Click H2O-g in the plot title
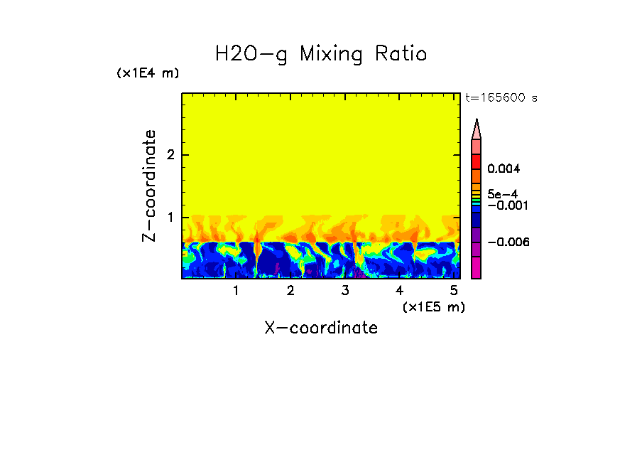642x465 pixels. [251, 54]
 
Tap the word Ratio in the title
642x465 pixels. [401, 54]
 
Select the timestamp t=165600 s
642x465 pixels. [501, 98]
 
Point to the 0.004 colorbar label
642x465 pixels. [504, 169]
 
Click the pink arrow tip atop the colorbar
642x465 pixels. [477, 129]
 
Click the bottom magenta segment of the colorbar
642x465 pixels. [477, 268]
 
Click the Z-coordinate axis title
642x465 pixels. [149, 186]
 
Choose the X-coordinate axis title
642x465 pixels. [321, 328]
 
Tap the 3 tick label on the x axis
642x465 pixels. [345, 291]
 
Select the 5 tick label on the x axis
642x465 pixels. [454, 291]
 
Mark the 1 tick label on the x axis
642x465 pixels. [236, 291]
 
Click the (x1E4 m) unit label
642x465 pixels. [148, 73]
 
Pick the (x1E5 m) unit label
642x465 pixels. [433, 306]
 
